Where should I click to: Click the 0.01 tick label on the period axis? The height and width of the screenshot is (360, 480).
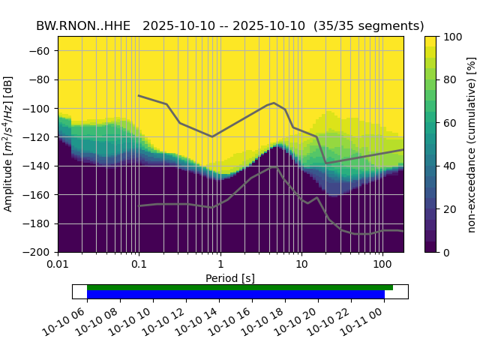tap(58, 265)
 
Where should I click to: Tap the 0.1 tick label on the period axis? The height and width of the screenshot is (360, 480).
tap(139, 265)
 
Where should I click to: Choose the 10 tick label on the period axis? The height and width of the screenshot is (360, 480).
tap(301, 265)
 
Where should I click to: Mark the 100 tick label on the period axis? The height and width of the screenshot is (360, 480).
tap(382, 265)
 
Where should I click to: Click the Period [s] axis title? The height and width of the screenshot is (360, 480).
tap(230, 277)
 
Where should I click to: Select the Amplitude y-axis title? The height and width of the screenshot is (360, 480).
tap(9, 144)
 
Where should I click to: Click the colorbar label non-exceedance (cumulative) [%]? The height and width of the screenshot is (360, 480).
tap(471, 144)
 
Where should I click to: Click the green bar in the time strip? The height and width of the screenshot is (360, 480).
tap(240, 287)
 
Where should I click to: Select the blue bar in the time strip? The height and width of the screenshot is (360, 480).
tap(235, 295)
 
